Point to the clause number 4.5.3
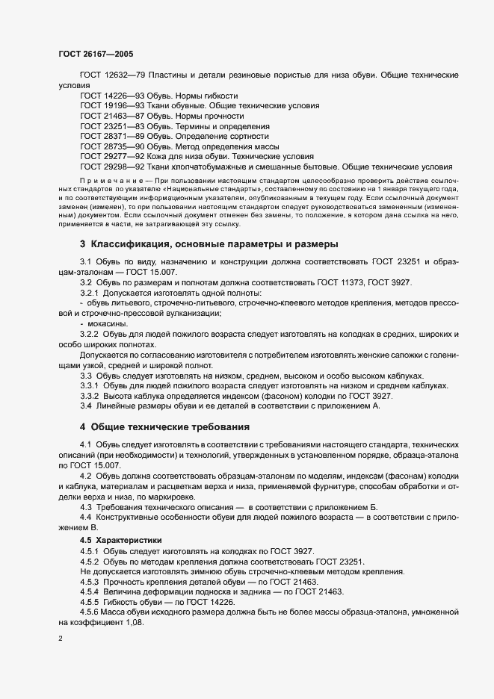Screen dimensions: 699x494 point(92,581)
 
